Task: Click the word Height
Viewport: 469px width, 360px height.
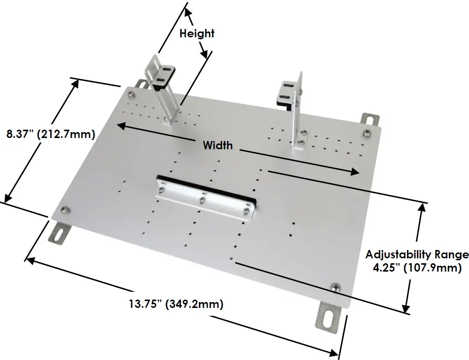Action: click(x=197, y=34)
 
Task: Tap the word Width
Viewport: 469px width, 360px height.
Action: click(x=218, y=145)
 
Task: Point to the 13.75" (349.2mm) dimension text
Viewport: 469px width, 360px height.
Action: click(x=176, y=304)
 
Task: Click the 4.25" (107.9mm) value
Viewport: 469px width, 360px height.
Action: click(x=417, y=268)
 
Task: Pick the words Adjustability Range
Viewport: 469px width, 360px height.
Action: click(x=417, y=254)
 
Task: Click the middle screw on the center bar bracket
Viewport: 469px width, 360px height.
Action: click(x=201, y=199)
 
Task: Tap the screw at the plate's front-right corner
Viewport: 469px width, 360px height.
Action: click(x=336, y=286)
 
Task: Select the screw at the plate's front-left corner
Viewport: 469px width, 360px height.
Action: click(x=64, y=210)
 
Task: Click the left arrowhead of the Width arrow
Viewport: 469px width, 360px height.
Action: click(x=120, y=125)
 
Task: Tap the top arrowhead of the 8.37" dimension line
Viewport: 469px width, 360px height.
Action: click(x=76, y=83)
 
